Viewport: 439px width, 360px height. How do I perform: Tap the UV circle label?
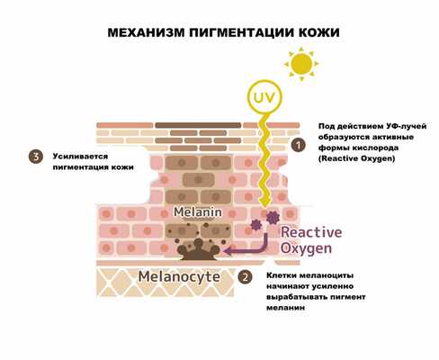pos(261,97)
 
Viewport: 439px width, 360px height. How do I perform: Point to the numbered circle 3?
pos(35,157)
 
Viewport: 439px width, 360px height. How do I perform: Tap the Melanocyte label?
pos(178,276)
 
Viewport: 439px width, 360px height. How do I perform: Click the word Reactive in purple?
pos(306,231)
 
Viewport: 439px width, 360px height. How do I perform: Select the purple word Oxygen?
pos(306,247)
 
